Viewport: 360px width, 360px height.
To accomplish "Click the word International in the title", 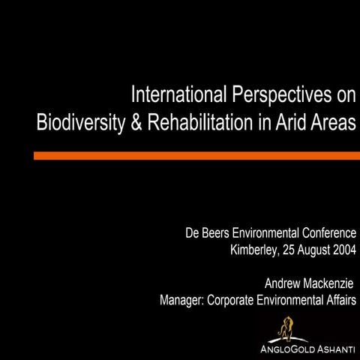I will (x=177, y=96).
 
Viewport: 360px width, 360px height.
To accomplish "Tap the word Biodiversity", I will (x=82, y=123).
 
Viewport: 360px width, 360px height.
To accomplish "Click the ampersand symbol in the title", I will (x=137, y=123).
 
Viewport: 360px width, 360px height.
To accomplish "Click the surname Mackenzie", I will (x=331, y=284).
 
